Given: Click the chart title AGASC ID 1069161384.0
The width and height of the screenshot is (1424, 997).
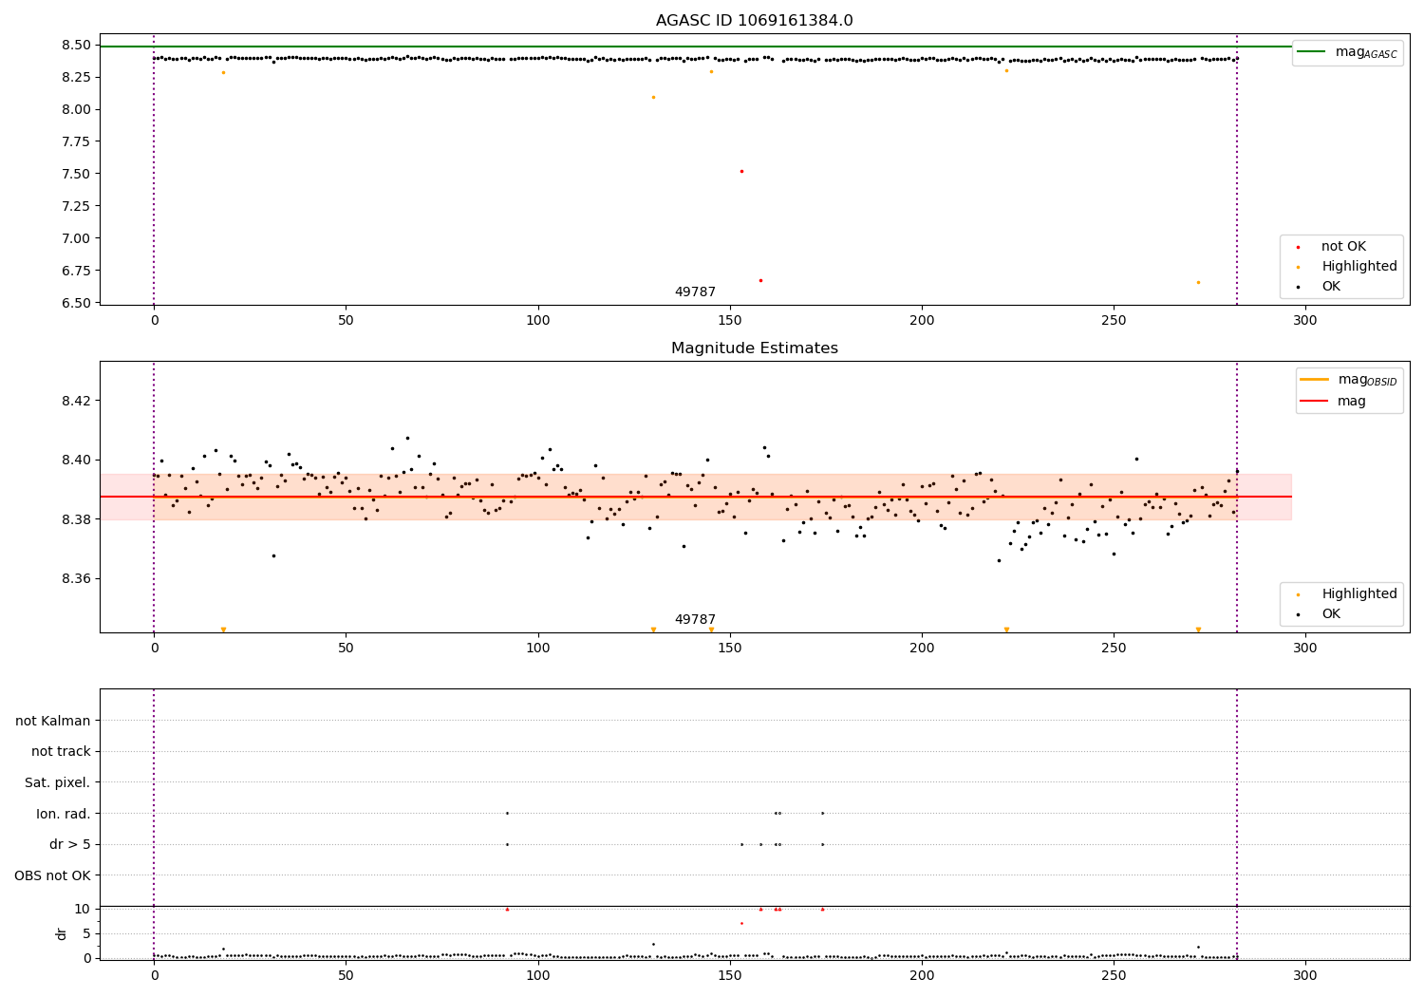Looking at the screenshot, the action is (x=755, y=20).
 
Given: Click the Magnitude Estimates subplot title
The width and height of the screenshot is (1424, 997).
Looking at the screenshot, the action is (x=755, y=348).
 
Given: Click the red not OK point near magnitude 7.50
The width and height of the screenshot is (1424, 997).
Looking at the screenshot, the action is (x=741, y=172).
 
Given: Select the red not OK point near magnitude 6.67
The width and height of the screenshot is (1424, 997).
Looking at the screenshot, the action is (x=761, y=280).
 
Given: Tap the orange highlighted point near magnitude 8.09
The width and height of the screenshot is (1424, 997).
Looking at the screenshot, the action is (x=653, y=97).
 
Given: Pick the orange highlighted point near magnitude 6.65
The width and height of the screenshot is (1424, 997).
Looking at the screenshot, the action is (x=1198, y=282).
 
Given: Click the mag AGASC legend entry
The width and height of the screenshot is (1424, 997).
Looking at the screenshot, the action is (x=1348, y=52).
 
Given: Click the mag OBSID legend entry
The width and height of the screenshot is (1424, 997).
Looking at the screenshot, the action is (x=1349, y=380).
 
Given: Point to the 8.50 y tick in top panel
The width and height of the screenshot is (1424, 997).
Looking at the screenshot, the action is (x=76, y=46).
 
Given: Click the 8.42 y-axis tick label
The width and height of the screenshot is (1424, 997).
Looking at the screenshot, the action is (x=76, y=401).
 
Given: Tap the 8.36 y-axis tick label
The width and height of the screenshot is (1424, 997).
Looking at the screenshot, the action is (x=76, y=578).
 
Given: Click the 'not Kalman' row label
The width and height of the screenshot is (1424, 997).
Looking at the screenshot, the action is (x=53, y=721).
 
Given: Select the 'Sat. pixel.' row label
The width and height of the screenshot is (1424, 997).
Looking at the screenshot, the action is (x=57, y=782).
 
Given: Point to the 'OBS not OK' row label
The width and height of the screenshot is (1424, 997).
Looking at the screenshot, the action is (x=53, y=875).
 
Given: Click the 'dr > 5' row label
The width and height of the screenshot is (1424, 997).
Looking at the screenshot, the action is (x=70, y=844).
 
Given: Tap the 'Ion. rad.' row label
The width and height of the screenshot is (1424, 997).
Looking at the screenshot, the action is (x=63, y=813).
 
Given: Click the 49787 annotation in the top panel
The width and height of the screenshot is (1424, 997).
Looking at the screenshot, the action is (x=695, y=292).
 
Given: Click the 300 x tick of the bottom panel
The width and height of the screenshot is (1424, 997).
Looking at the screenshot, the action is (x=1305, y=976).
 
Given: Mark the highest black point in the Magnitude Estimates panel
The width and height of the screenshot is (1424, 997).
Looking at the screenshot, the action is (x=407, y=438).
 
